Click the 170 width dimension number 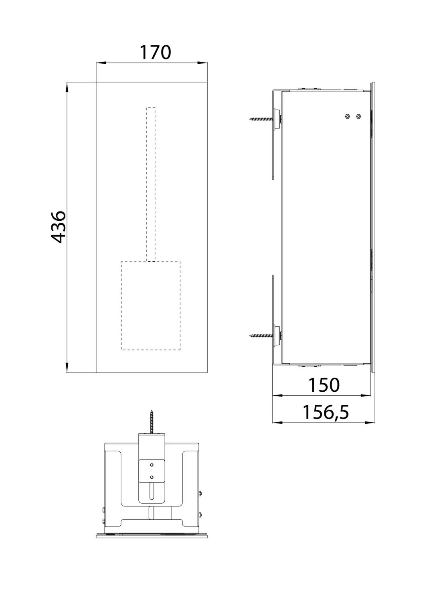click(x=155, y=53)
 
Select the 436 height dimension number click(x=59, y=227)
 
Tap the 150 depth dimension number click(x=324, y=385)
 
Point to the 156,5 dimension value click(x=326, y=412)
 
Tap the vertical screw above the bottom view click(x=152, y=421)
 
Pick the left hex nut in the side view click(x=347, y=116)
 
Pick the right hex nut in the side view click(x=358, y=116)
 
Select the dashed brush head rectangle click(x=151, y=305)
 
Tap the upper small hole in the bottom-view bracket click(x=152, y=465)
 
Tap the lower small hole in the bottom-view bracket click(x=152, y=477)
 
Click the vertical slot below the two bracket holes click(x=152, y=491)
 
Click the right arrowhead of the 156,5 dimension click(x=372, y=423)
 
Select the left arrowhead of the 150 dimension click(x=277, y=396)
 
